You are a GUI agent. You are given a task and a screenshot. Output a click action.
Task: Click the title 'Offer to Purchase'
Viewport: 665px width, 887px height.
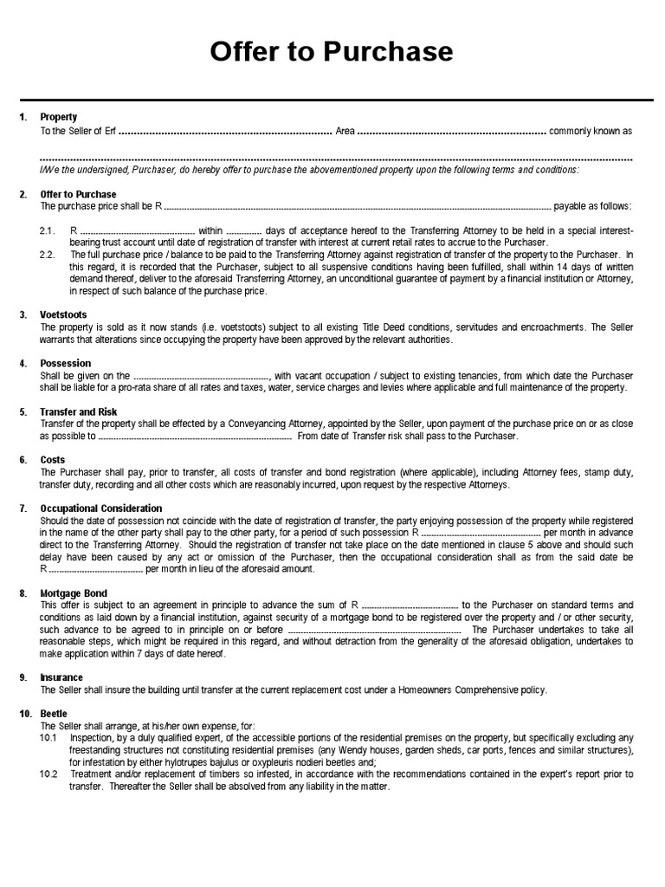[332, 53]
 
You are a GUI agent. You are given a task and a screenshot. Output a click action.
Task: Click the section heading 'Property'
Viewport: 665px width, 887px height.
[59, 117]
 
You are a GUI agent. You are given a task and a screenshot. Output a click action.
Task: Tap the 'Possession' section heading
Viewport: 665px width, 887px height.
[66, 363]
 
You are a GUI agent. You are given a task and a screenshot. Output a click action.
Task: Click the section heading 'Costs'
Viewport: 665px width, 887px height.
[53, 460]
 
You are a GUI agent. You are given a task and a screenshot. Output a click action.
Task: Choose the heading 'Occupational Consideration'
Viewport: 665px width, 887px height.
[101, 508]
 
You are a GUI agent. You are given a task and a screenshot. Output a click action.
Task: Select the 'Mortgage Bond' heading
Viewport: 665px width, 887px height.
[74, 592]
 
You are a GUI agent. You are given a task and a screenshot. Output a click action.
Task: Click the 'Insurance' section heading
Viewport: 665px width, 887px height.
[62, 677]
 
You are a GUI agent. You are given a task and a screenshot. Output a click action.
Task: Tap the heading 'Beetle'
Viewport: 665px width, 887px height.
[54, 713]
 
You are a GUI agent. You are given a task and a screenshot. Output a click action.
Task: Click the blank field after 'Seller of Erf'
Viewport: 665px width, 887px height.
[225, 132]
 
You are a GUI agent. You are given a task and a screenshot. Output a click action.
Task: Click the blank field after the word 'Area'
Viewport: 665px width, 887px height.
[451, 132]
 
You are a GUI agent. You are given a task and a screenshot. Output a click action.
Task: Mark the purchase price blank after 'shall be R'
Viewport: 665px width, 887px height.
[357, 207]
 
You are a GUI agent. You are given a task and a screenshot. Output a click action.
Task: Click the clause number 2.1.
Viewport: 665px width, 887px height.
[48, 231]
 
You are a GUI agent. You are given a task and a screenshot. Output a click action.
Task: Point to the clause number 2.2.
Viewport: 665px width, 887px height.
[48, 256]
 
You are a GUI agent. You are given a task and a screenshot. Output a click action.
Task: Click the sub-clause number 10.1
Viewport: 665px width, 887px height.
[48, 737]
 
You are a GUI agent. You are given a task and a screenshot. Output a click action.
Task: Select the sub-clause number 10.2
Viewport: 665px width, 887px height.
[48, 774]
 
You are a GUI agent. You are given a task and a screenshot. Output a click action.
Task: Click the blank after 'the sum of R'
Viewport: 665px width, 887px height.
[409, 605]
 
